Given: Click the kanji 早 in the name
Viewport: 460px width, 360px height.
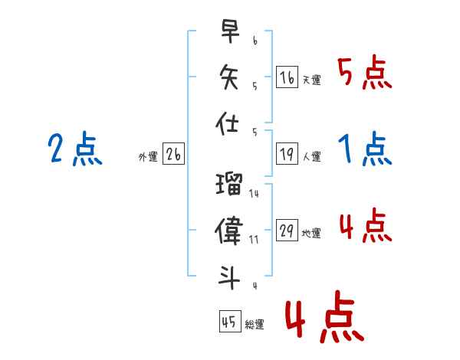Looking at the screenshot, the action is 230,31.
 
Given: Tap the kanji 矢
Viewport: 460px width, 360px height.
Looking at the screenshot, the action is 229,77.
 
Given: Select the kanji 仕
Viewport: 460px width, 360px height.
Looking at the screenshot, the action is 227,123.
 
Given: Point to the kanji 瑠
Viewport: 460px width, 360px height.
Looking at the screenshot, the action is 229,184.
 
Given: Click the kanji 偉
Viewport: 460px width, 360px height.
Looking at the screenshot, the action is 228,230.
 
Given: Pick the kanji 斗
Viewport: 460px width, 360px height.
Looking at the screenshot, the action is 229,277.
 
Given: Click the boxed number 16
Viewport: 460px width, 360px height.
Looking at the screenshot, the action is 287,77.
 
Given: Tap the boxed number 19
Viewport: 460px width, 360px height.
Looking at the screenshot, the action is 287,154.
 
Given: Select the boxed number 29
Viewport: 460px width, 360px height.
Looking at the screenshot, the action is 287,230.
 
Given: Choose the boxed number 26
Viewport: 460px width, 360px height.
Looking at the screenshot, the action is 173,154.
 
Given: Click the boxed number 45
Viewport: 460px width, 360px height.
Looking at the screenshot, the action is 230,321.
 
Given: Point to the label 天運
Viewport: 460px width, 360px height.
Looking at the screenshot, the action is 311,80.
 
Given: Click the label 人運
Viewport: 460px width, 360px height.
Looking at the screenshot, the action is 311,156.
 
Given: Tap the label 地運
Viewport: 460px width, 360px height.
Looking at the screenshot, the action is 311,234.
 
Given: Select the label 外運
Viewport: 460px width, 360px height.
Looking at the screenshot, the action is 148,156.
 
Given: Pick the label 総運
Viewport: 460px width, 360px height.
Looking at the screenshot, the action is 255,324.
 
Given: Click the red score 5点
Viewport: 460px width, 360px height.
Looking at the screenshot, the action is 365,72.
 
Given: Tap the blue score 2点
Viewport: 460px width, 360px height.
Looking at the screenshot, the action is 75,149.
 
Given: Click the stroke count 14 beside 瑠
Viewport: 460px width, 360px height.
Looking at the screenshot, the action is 254,194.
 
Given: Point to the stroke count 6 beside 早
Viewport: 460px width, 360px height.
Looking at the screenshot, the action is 255,41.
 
